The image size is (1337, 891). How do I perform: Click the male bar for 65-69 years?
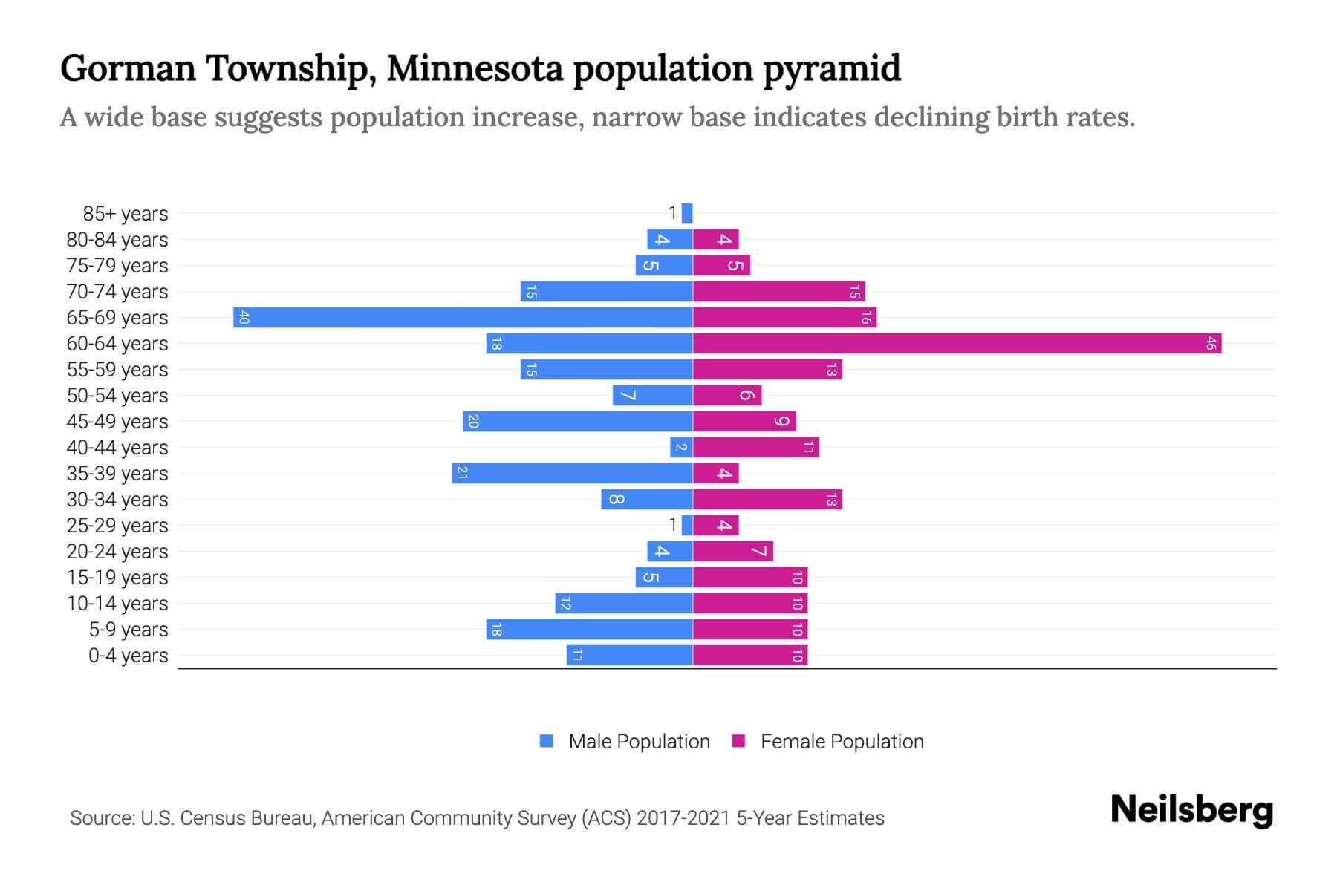pos(463,318)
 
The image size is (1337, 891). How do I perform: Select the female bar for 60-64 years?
pos(957,344)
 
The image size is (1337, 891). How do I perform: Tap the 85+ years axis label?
pos(126,214)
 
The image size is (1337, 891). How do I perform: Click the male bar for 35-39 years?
pos(572,474)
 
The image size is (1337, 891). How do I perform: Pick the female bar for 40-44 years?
pos(755,448)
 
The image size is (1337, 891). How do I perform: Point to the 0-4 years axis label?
pos(128,656)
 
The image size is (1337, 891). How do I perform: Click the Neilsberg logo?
pos(1191,810)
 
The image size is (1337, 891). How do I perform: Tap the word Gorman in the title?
pos(128,68)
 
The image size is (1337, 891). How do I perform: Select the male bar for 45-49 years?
pos(578,422)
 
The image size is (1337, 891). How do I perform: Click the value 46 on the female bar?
pos(1211,344)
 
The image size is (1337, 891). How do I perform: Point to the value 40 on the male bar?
pos(244,318)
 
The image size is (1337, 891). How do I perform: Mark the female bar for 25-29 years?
pos(716,526)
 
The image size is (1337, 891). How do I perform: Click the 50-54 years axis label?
pos(117,396)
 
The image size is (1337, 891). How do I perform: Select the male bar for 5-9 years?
pos(589,630)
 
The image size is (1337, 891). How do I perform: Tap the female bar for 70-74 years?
pos(778,292)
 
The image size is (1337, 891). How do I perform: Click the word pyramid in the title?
pos(832,68)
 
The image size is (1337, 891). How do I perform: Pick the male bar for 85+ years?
pos(687,214)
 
